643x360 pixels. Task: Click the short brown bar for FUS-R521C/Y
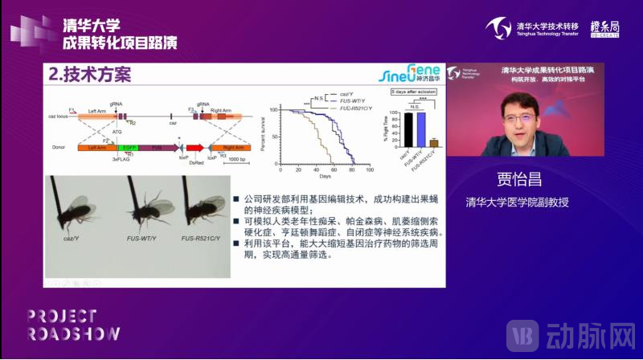pos(433,144)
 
